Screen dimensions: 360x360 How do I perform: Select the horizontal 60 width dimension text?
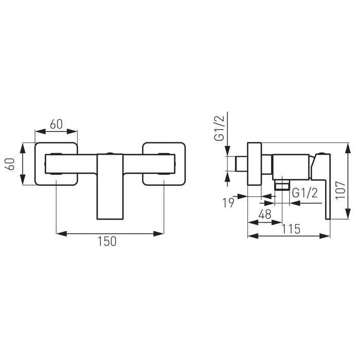click(x=57, y=124)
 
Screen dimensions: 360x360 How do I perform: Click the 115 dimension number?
click(x=291, y=229)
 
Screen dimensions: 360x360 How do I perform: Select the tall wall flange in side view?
click(x=255, y=165)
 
